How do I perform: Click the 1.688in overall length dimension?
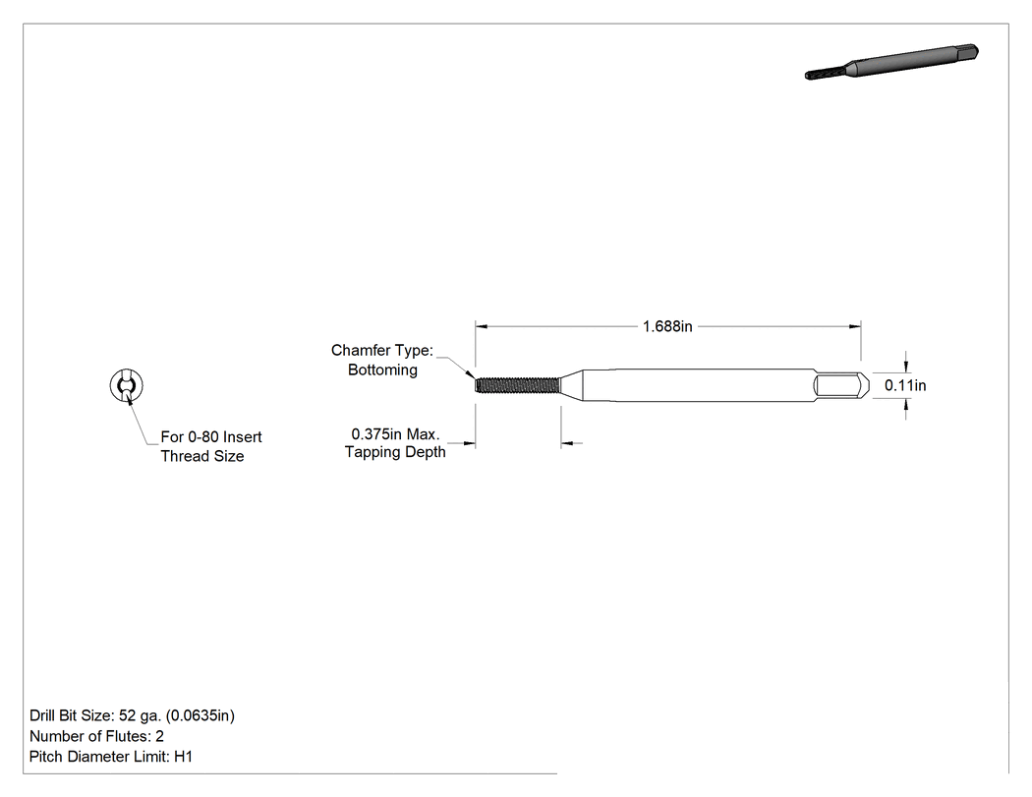click(x=667, y=326)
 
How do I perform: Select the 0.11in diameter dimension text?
click(x=905, y=385)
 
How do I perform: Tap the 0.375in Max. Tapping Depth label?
click(x=395, y=443)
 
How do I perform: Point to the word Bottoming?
click(x=382, y=370)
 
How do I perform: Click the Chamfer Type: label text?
click(x=382, y=350)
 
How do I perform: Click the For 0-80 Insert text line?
click(x=211, y=437)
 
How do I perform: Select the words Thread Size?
click(x=202, y=456)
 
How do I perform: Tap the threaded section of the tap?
click(x=517, y=385)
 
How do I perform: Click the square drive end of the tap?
click(x=841, y=385)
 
